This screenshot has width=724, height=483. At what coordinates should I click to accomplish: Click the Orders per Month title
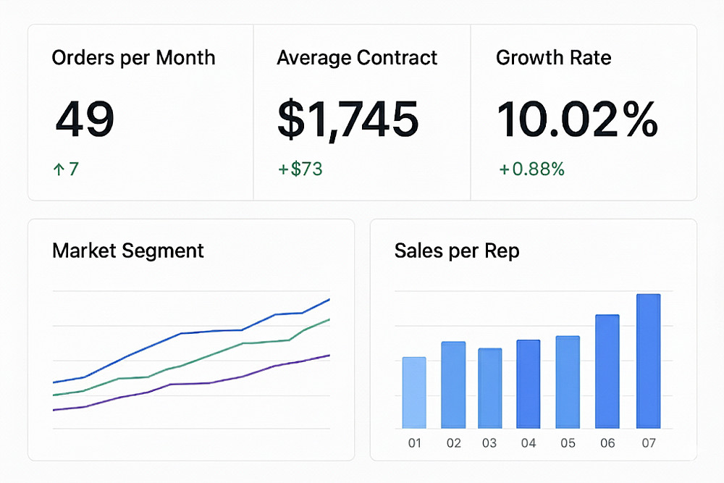[133, 58]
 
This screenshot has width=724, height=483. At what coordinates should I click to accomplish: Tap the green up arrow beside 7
[58, 169]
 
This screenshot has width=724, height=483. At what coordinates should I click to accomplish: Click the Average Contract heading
[357, 58]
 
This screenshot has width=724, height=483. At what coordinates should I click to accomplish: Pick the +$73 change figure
[300, 169]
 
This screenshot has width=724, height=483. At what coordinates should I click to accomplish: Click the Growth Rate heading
[554, 58]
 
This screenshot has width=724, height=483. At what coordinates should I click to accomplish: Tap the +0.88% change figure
[531, 169]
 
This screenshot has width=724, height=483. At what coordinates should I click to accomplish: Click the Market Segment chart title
[128, 251]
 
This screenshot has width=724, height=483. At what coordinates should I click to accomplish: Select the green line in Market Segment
[210, 355]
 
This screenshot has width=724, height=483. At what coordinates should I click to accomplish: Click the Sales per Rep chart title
[457, 251]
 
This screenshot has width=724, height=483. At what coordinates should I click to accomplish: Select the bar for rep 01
[414, 392]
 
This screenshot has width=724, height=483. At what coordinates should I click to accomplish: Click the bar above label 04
[529, 384]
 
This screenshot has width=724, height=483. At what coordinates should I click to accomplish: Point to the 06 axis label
[607, 442]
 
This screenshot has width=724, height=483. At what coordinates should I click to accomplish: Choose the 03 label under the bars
[489, 442]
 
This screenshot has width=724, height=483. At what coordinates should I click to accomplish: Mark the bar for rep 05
[568, 382]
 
